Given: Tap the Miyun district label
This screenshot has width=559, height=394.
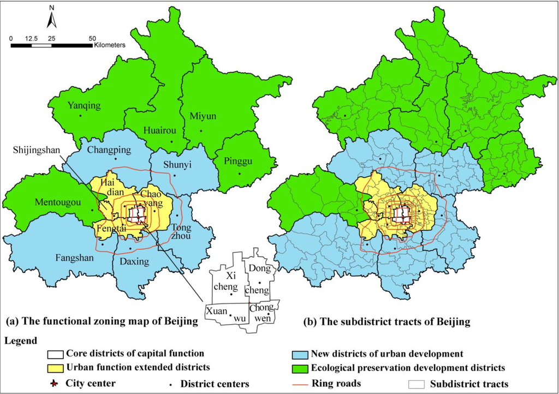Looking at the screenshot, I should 203,116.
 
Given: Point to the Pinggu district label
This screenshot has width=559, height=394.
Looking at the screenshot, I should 239,162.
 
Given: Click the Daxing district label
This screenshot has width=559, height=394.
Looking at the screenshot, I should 133,261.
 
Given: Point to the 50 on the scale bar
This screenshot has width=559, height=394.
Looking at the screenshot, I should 92,38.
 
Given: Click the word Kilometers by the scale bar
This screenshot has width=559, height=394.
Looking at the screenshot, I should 109,45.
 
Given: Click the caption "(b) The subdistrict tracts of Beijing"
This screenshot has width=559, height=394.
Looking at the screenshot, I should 386,322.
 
